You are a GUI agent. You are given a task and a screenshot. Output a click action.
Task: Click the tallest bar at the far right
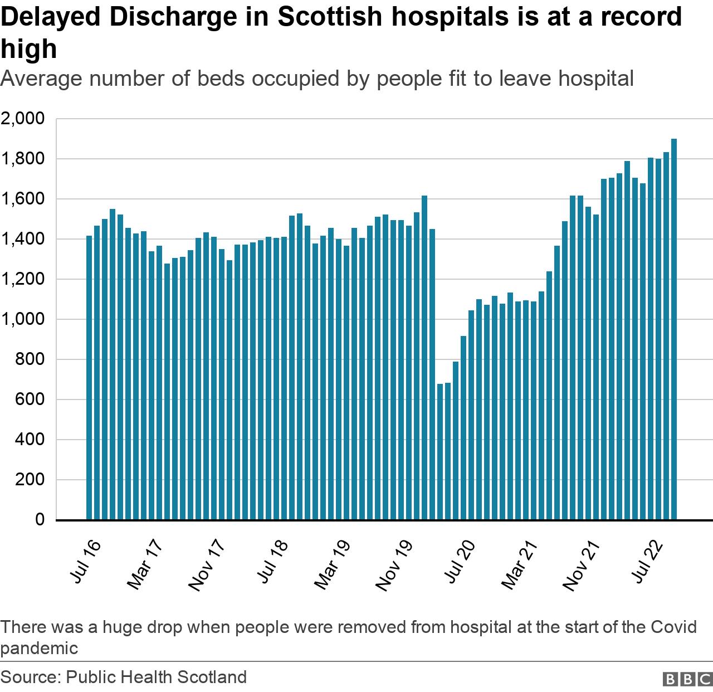tap(673, 329)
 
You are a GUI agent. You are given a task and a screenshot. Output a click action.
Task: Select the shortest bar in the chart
tap(440, 451)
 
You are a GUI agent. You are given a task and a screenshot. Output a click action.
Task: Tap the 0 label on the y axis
tap(40, 519)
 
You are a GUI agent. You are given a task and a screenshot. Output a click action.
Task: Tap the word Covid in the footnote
tap(673, 627)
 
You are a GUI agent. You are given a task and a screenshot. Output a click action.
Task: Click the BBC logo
tap(687, 679)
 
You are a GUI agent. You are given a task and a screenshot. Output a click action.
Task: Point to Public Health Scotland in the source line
tap(156, 677)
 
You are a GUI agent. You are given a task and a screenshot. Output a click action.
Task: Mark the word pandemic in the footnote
tap(39, 648)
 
